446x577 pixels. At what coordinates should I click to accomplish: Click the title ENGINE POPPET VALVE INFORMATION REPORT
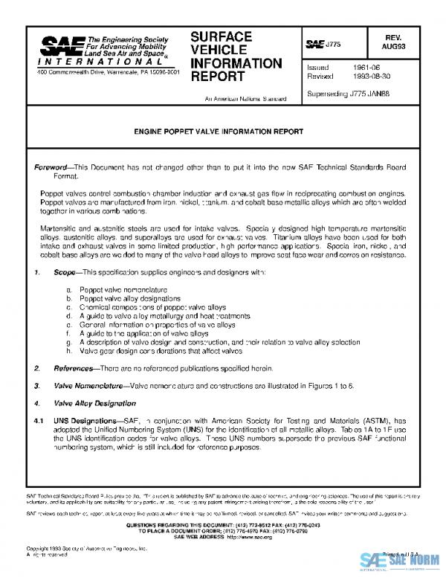pos(218,131)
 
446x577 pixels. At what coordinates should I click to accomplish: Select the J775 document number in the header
pos(324,45)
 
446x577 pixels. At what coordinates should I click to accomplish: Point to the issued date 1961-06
pos(367,66)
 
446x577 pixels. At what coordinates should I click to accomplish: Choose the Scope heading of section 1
pos(66,273)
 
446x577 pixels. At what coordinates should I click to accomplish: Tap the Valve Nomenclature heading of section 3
pos(88,386)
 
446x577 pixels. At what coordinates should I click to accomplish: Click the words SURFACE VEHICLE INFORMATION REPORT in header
pos(236,57)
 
